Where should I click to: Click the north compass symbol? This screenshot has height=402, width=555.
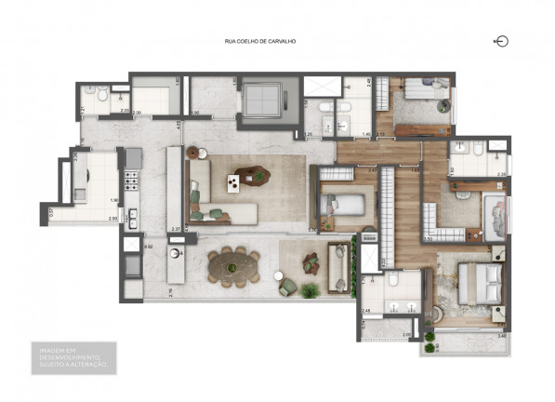[x=503, y=41]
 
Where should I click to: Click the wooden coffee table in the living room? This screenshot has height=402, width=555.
[x=250, y=174]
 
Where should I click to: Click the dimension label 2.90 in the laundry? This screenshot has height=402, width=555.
[x=112, y=219]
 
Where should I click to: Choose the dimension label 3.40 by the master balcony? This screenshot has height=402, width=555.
[x=501, y=335]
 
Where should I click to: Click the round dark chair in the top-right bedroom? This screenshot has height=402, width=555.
[x=446, y=107]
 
